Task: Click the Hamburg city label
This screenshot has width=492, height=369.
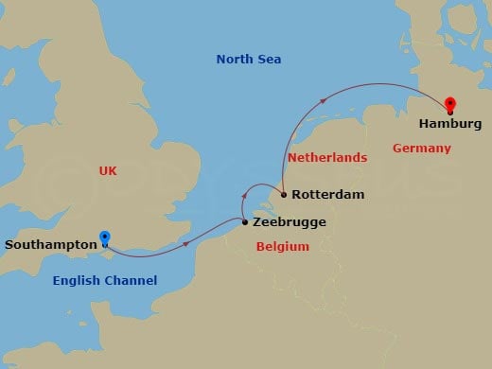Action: pyautogui.click(x=451, y=124)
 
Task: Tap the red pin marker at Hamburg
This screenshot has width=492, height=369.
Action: pyautogui.click(x=450, y=105)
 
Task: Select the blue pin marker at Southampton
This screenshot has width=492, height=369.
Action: pyautogui.click(x=105, y=238)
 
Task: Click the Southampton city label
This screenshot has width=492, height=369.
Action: pyautogui.click(x=51, y=244)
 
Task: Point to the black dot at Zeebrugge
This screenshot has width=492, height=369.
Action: pyautogui.click(x=246, y=222)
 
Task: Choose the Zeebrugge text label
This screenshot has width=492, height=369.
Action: pyautogui.click(x=290, y=223)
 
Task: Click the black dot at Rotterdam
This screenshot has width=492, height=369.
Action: pyautogui.click(x=283, y=196)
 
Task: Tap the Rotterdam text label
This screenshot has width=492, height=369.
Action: pyautogui.click(x=328, y=196)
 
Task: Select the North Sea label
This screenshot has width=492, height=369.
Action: pyautogui.click(x=249, y=60)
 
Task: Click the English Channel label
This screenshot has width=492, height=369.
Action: pyautogui.click(x=105, y=281)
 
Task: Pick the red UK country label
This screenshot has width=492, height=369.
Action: pyautogui.click(x=108, y=170)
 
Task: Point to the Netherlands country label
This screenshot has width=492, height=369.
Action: pyautogui.click(x=326, y=157)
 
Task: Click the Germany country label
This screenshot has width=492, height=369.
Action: pyautogui.click(x=421, y=149)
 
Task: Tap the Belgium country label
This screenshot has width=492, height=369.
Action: pyautogui.click(x=283, y=247)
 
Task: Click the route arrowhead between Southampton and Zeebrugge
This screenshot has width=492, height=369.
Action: pyautogui.click(x=184, y=244)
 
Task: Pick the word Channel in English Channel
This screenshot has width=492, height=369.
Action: pyautogui.click(x=132, y=281)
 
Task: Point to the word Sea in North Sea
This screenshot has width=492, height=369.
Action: pyautogui.click(x=270, y=60)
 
